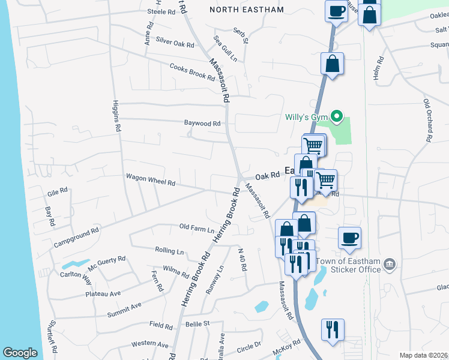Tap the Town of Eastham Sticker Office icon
click(x=390, y=264)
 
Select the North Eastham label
click(x=247, y=9)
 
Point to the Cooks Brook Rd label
click(x=192, y=72)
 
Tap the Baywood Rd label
click(x=202, y=123)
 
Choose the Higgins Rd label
click(x=116, y=115)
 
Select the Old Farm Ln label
click(x=197, y=229)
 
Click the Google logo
click(x=20, y=353)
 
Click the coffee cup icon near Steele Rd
click(x=337, y=10)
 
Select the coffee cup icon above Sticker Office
click(x=349, y=238)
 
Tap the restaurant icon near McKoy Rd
click(x=333, y=329)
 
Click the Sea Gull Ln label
click(x=226, y=49)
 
